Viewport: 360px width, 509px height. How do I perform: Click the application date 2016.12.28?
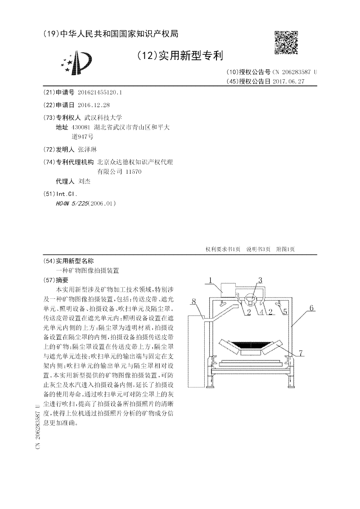click(x=94, y=105)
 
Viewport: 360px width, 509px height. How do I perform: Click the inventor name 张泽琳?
click(x=87, y=149)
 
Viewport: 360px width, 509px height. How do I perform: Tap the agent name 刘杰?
click(x=84, y=181)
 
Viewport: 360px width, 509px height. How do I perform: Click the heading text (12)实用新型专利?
click(x=180, y=56)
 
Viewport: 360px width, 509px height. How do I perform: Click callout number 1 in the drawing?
click(x=210, y=281)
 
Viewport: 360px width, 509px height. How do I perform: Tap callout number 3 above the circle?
click(x=260, y=280)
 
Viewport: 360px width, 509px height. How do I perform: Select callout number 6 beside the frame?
click(x=311, y=308)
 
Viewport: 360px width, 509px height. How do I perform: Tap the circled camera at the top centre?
click(x=252, y=298)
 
